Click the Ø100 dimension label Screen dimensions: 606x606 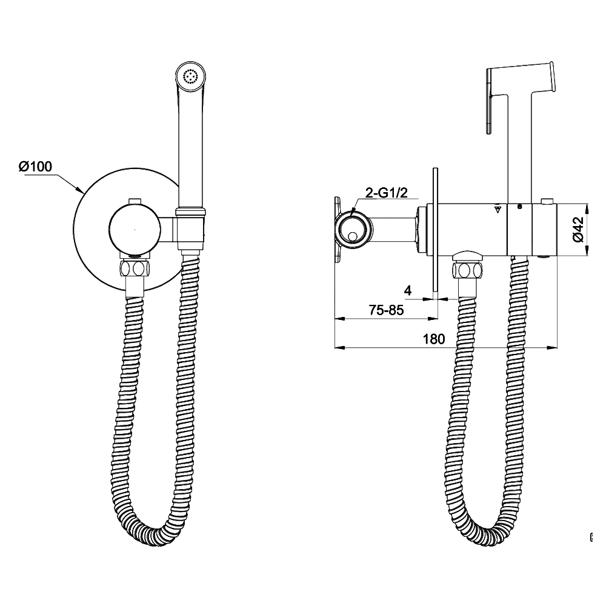36,166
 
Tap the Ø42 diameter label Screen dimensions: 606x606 579,229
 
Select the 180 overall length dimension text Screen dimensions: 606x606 434,339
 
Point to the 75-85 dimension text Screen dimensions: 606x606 386,310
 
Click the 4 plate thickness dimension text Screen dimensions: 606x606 408,291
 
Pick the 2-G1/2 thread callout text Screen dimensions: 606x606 387,193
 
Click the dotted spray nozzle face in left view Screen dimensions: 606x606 190,75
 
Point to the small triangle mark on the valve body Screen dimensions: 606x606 498,210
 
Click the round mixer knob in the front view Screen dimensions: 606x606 135,230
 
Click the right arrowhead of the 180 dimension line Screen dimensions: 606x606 552,348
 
